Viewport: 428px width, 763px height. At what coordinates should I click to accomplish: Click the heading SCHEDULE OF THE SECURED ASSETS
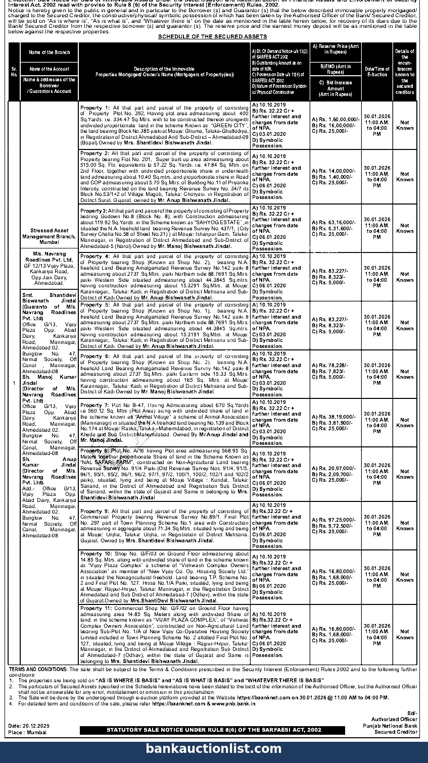pos(212,37)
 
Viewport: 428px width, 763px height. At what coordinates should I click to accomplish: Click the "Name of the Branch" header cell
pos(49,53)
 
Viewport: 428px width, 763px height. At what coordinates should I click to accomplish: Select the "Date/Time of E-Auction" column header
pos(377,71)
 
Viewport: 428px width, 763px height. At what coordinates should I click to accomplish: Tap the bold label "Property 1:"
pos(95,108)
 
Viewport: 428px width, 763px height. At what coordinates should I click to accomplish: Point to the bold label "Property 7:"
pos(95,405)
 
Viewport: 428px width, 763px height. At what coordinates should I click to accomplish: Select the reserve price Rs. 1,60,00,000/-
pos(336,120)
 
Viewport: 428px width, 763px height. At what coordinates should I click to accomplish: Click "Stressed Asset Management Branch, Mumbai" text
pos(49,236)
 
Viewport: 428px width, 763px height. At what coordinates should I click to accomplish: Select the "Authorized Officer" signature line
pos(394,720)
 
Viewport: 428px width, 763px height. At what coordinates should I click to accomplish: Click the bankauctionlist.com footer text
pos(214,749)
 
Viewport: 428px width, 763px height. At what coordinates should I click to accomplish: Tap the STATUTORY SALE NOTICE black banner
pos(214,730)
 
